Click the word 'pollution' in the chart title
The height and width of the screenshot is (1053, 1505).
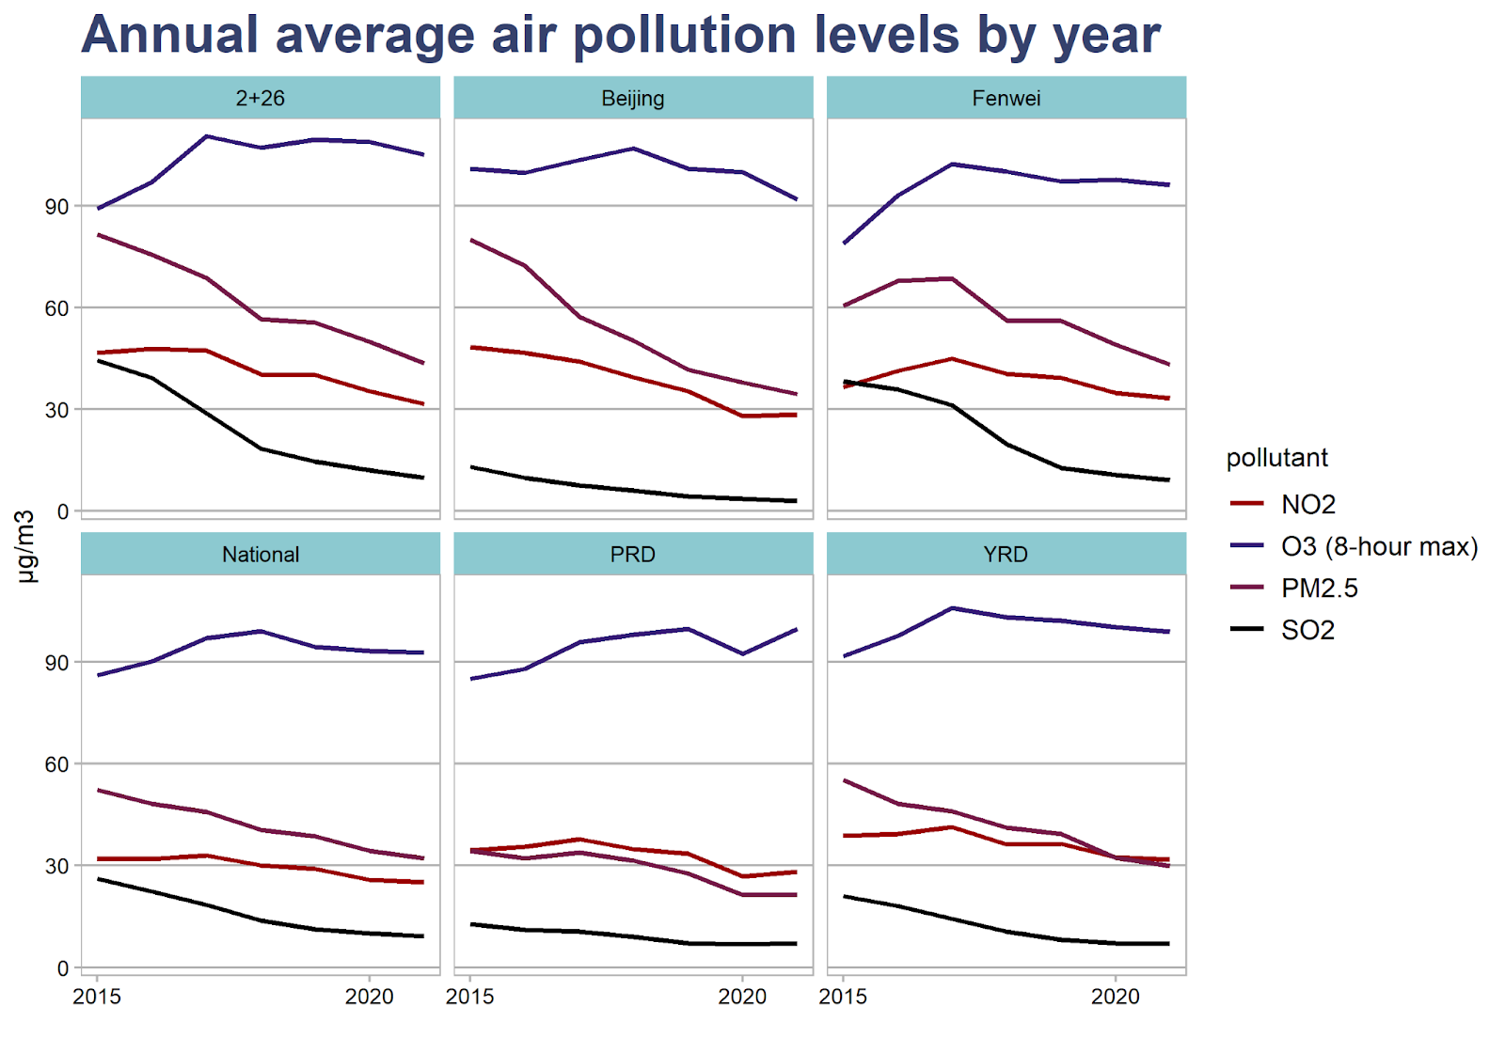coord(685,36)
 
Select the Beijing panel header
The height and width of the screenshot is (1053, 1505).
coord(633,99)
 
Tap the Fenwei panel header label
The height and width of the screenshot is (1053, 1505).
coord(1006,99)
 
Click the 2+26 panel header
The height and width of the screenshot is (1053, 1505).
coord(261,99)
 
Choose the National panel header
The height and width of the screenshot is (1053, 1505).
coord(261,555)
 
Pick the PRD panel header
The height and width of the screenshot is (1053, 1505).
coord(633,555)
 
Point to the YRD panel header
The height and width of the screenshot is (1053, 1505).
coord(1006,555)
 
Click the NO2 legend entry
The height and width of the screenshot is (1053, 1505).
coord(1307,505)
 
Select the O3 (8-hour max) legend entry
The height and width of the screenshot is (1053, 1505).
coord(1379,546)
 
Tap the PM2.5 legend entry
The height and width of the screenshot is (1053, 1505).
coord(1319,589)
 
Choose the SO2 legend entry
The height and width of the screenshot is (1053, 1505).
coord(1307,630)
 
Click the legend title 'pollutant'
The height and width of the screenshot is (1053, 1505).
coord(1276,458)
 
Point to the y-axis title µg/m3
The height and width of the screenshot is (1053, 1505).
coord(25,546)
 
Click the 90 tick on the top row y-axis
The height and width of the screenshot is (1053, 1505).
coord(56,207)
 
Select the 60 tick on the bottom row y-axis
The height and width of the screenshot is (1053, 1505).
coord(56,764)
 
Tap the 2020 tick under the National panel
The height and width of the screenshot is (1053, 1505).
coord(370,998)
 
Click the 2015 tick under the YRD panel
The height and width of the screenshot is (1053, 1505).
coord(844,998)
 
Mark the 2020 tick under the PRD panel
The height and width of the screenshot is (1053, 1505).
coord(743,998)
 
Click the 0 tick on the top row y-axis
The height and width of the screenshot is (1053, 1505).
coord(63,511)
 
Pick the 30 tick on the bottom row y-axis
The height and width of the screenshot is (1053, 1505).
coord(56,866)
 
